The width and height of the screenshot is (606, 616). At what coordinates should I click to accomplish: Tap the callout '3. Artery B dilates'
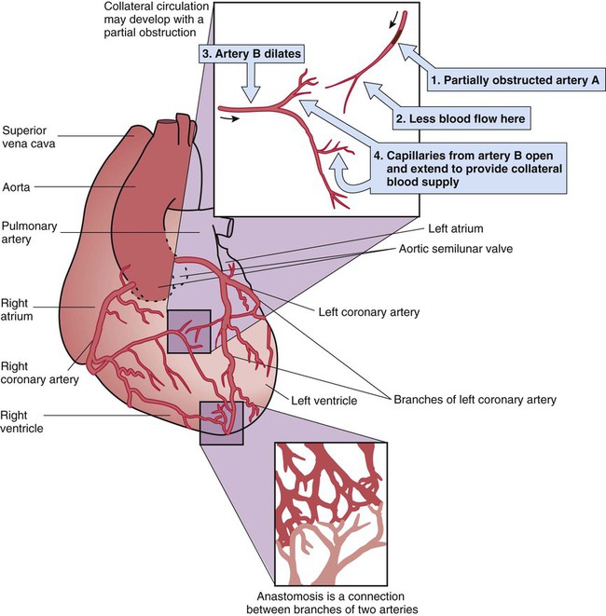click(x=252, y=54)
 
